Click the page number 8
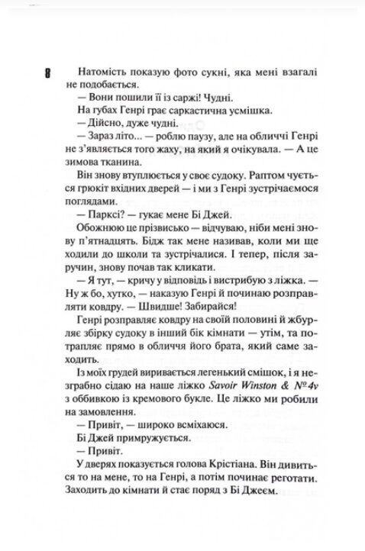[x=49, y=73]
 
